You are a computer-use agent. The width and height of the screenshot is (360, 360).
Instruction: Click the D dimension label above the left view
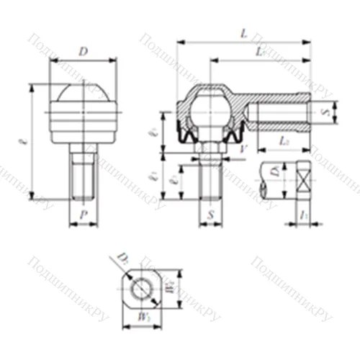(84, 53)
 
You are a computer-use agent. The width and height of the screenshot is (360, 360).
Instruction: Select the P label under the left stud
(84, 214)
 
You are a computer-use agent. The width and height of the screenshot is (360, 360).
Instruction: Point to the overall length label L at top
(243, 34)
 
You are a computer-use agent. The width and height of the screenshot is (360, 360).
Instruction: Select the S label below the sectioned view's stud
(210, 215)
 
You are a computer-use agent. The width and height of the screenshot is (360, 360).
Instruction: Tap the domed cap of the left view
(84, 94)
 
